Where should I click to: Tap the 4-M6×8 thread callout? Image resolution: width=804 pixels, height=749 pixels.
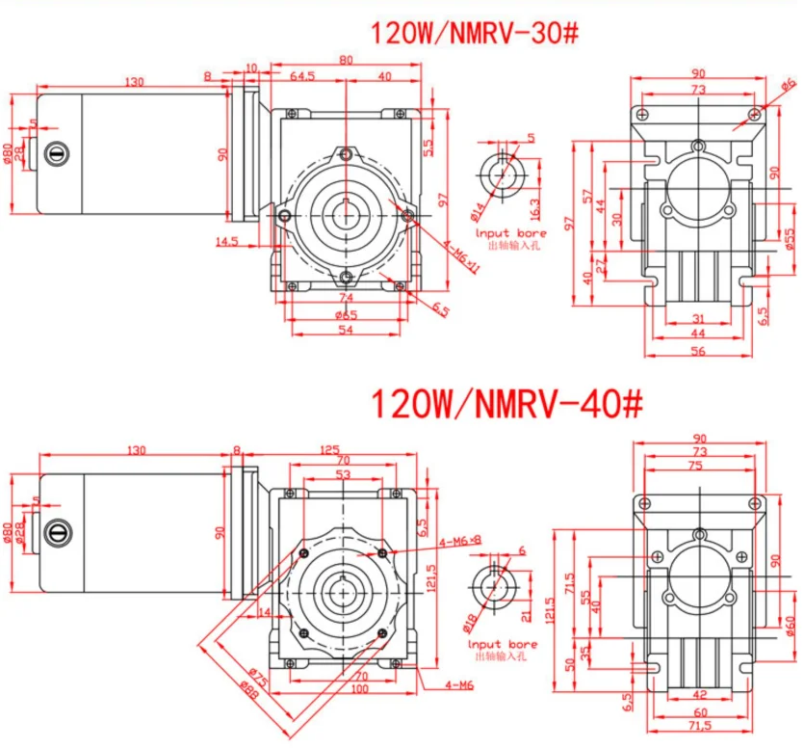pyautogui.click(x=461, y=541)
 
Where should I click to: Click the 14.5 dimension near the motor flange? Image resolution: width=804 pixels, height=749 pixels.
pyautogui.click(x=227, y=242)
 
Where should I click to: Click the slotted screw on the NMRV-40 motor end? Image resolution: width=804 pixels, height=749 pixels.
pyautogui.click(x=55, y=528)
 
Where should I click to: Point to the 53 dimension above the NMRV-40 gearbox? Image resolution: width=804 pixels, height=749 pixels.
pyautogui.click(x=343, y=474)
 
